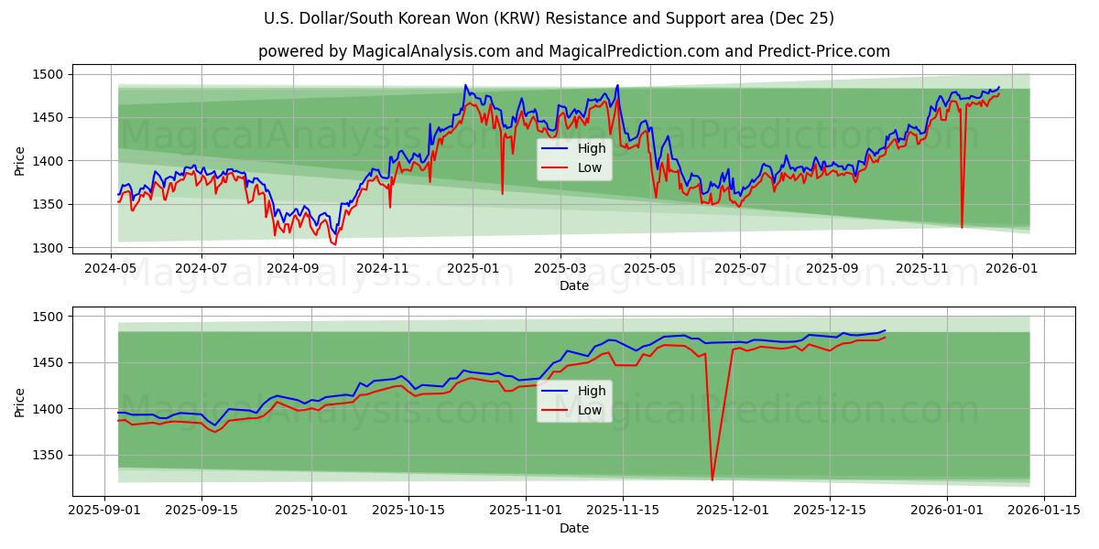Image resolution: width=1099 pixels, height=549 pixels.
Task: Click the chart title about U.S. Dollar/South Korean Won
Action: tap(549, 18)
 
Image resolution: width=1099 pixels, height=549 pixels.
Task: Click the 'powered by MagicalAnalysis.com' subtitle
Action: tap(573, 51)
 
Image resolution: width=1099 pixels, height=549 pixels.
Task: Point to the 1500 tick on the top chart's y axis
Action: tap(49, 74)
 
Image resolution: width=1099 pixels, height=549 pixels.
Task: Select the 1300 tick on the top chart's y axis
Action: tap(49, 248)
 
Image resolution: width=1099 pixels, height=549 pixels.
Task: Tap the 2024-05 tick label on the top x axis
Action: tap(112, 270)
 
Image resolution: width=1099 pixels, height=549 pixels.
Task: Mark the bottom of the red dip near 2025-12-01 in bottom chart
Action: tap(712, 479)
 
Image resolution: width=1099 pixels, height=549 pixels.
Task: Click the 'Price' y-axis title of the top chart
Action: tap(20, 160)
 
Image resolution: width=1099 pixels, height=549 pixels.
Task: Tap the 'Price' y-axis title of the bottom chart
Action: tap(20, 403)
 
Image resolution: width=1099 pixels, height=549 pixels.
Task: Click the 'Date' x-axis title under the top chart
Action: tap(573, 285)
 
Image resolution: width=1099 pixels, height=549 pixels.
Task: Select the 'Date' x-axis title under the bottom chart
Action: tap(573, 528)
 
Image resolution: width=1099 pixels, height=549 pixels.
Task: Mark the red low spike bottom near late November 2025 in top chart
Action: tap(962, 227)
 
